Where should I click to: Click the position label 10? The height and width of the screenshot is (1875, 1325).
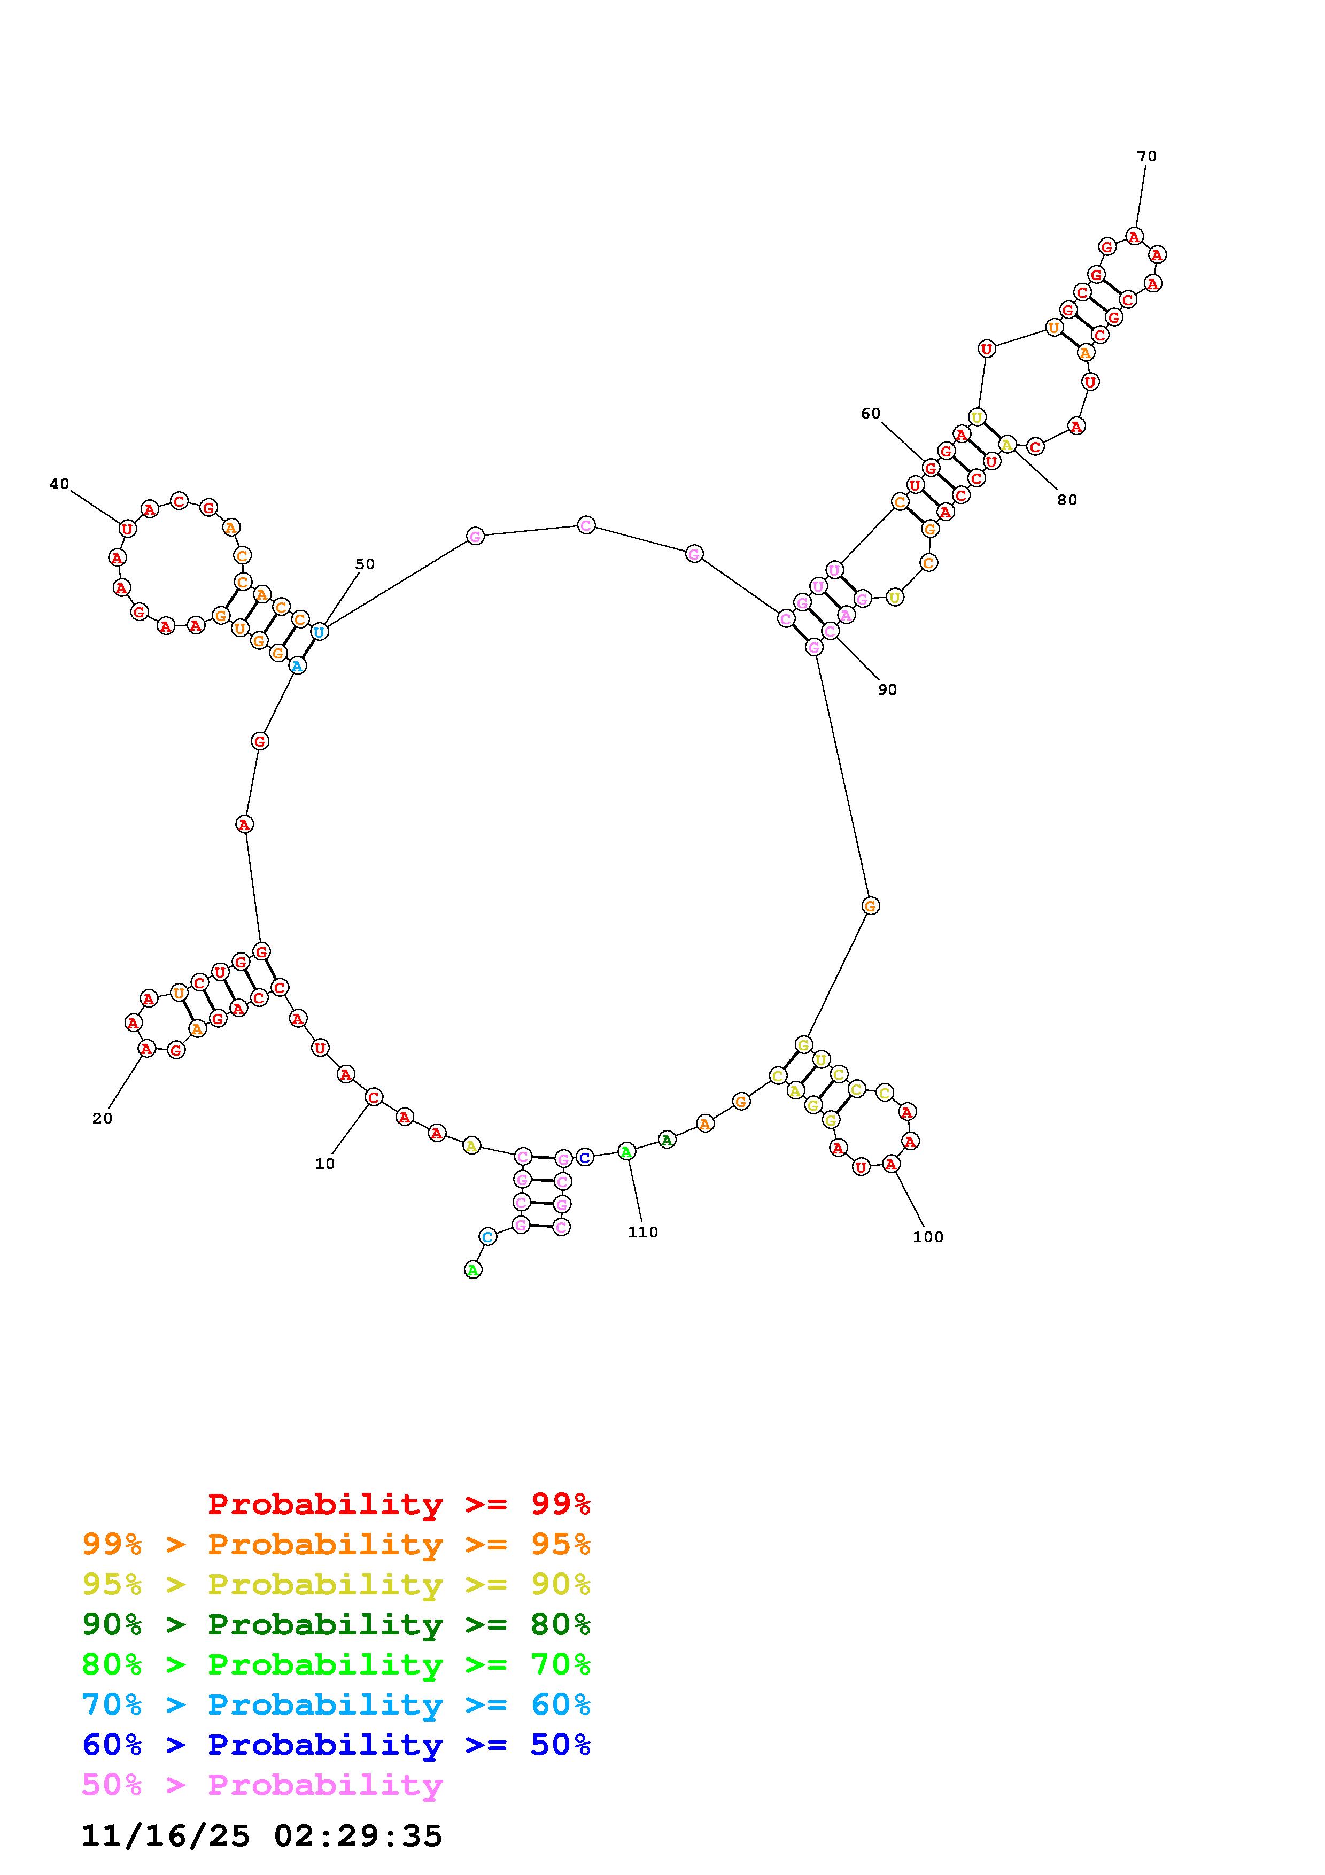[325, 1164]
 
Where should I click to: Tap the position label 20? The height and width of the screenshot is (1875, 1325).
[102, 1118]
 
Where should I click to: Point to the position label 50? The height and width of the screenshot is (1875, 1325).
[365, 563]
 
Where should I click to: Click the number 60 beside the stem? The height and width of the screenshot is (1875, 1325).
[871, 413]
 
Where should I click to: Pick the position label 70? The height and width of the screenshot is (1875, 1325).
[1147, 155]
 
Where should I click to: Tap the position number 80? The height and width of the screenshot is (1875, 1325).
[1067, 500]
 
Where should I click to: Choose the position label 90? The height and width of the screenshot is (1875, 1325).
[887, 689]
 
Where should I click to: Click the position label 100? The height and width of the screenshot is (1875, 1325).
[928, 1236]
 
